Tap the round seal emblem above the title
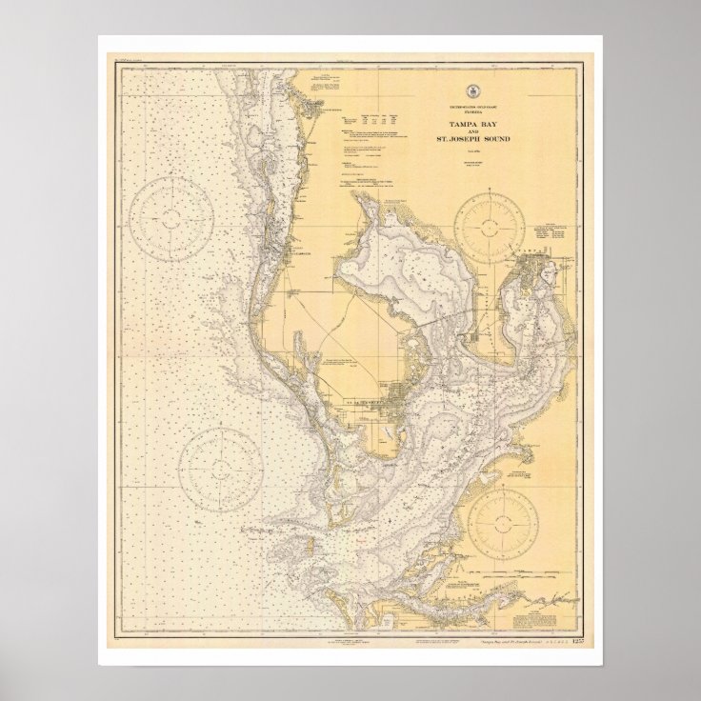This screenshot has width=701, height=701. [x=473, y=90]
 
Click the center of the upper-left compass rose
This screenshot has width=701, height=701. [x=170, y=215]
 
